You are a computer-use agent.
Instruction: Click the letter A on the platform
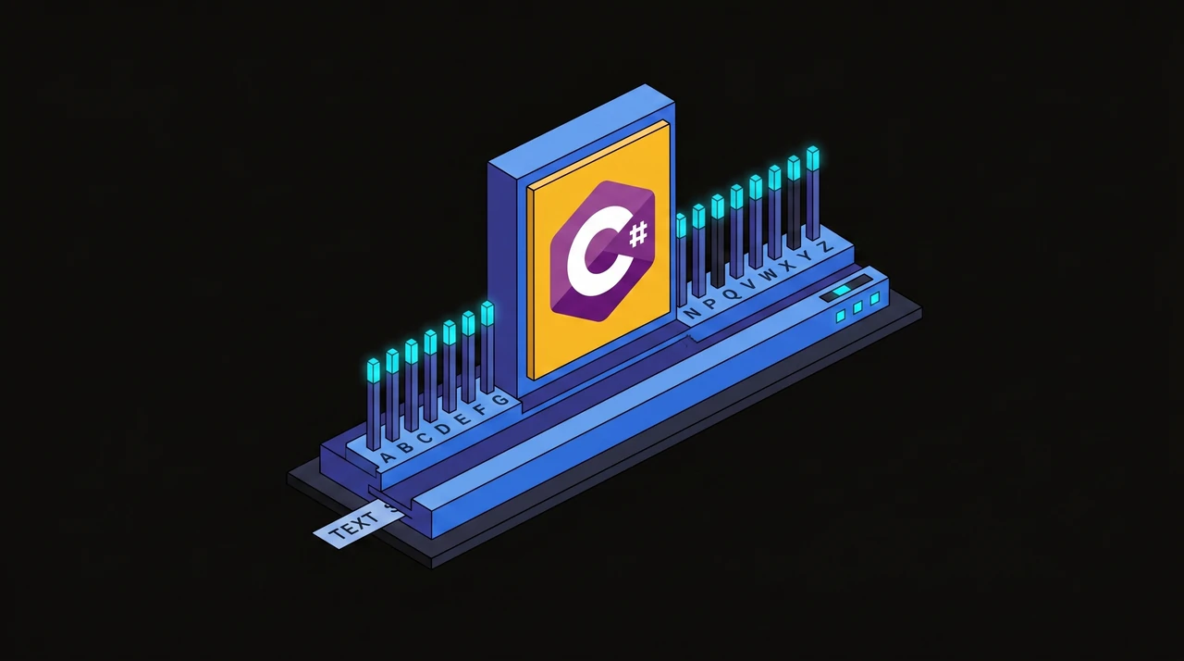388,455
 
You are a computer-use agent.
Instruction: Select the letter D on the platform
444,428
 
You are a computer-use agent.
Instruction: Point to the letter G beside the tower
499,399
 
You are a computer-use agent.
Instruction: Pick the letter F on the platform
481,409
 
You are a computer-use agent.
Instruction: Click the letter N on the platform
693,313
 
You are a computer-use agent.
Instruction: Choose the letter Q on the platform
732,293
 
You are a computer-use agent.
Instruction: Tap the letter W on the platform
770,274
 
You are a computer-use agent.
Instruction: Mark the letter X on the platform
789,265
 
